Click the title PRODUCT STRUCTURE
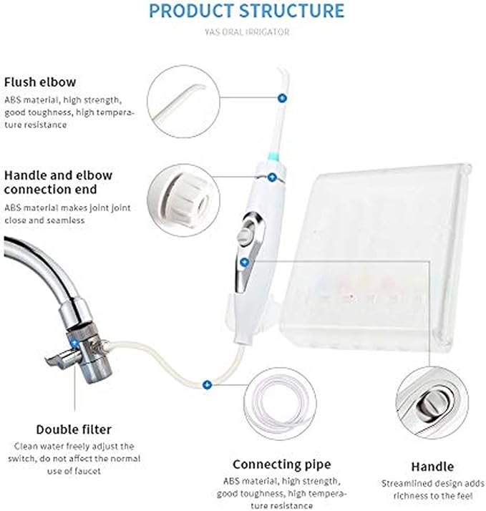click(246, 11)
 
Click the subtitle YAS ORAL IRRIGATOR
click(246, 31)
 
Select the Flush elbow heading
click(39, 82)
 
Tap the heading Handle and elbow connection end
click(58, 182)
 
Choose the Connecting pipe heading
click(281, 464)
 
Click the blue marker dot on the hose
click(207, 384)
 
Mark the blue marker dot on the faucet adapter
click(74, 342)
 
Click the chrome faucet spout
click(43, 265)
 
